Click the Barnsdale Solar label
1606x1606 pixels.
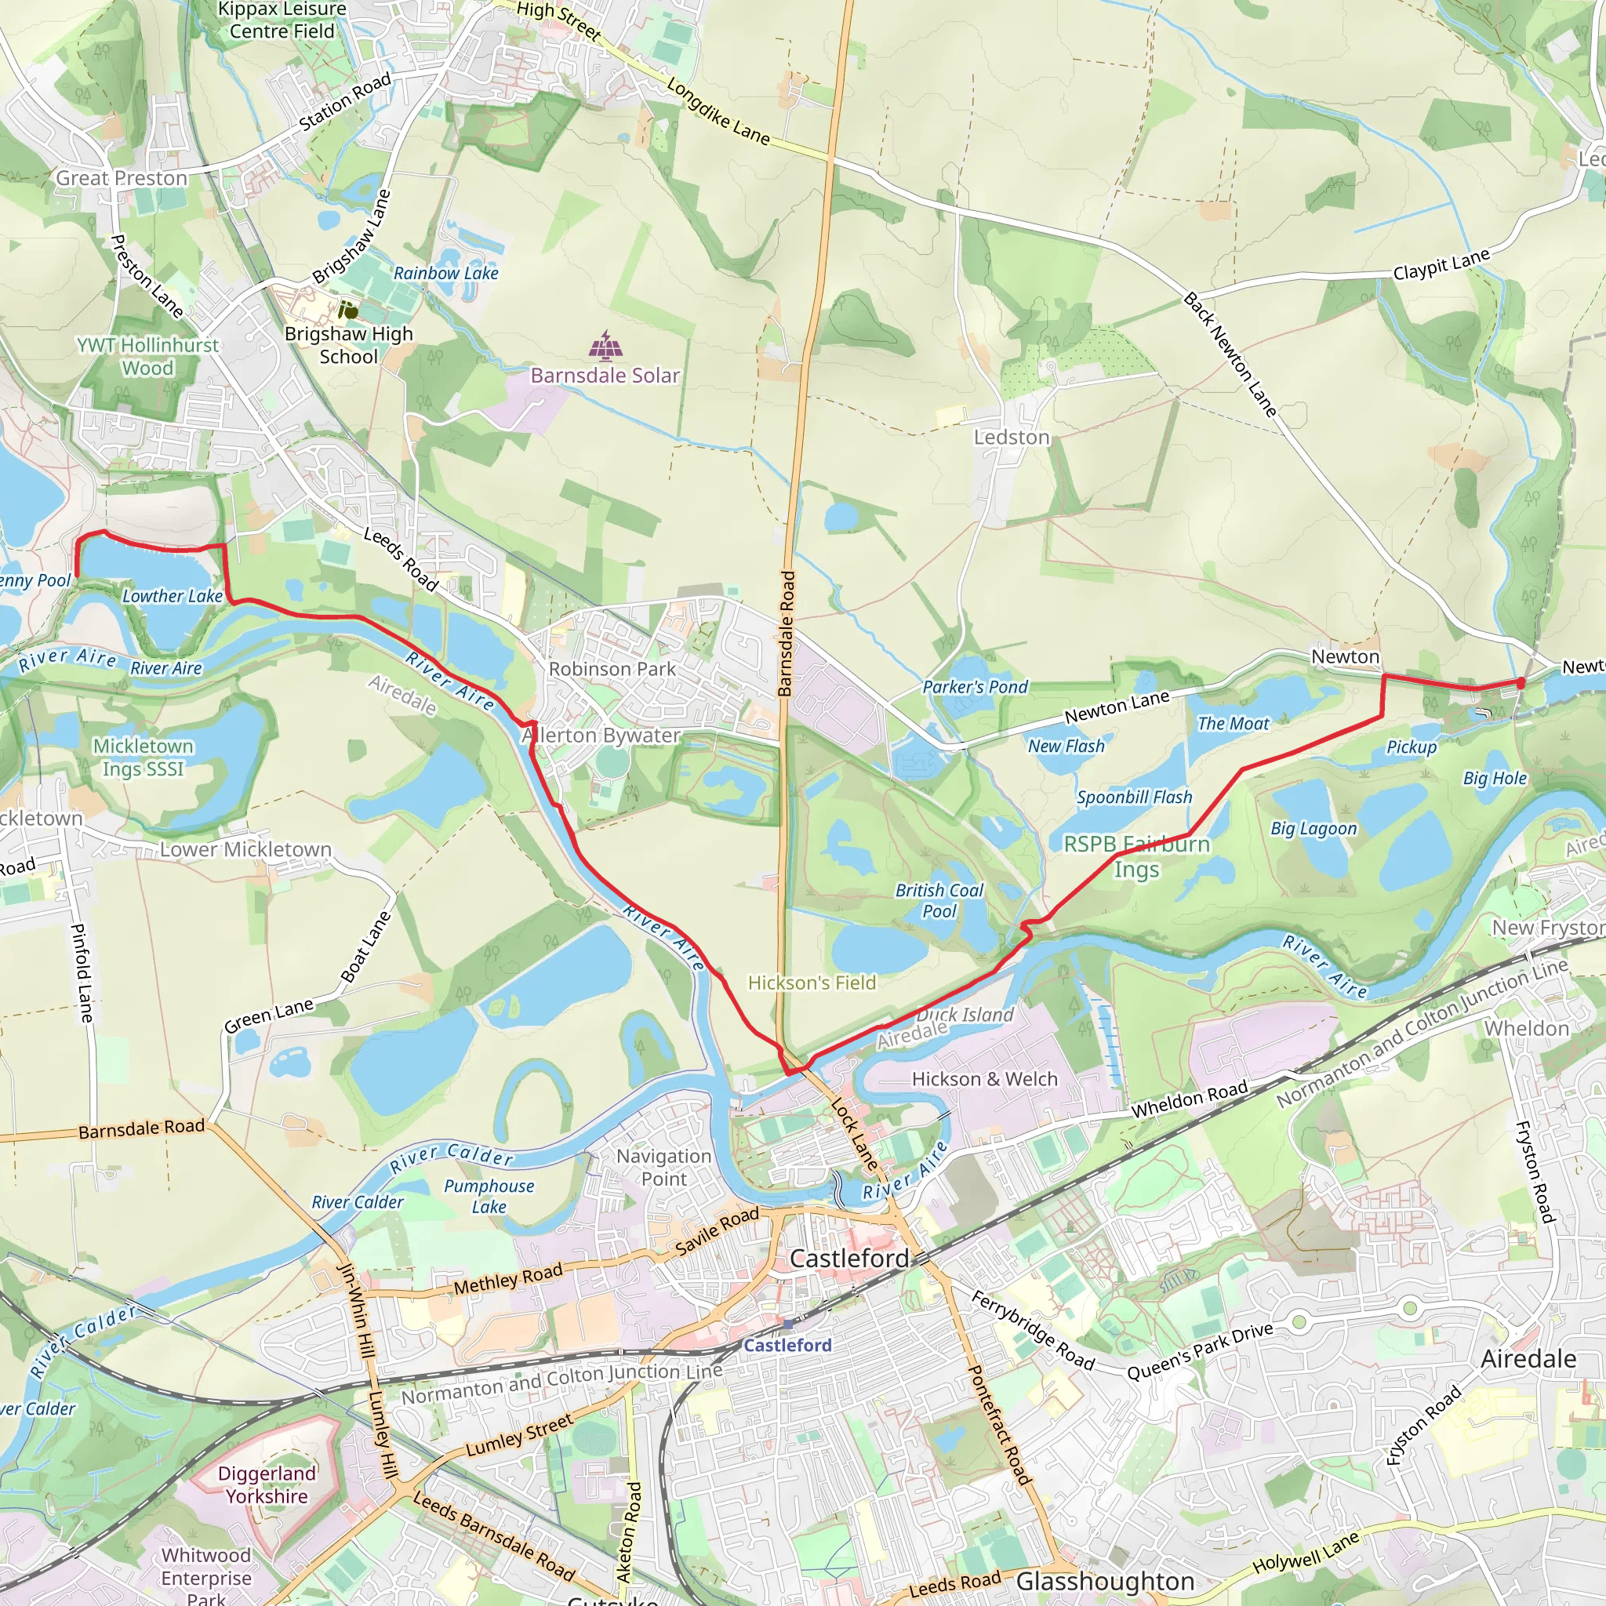click(x=605, y=376)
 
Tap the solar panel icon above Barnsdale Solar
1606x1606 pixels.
click(x=605, y=345)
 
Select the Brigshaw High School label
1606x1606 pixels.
click(x=348, y=345)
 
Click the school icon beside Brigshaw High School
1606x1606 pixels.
click(x=347, y=311)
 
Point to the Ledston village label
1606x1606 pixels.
click(x=1012, y=438)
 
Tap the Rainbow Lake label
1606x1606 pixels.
click(x=445, y=274)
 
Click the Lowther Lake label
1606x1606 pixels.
click(x=172, y=596)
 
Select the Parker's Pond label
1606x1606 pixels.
click(x=975, y=688)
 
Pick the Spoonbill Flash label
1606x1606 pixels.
click(x=1134, y=798)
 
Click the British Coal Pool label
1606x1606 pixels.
click(x=939, y=900)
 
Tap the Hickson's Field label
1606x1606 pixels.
click(x=812, y=983)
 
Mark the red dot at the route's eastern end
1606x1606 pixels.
click(x=1521, y=683)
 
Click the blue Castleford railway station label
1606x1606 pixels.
click(x=787, y=1345)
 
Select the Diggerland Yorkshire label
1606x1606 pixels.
click(x=267, y=1484)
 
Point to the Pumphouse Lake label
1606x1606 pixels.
click(x=489, y=1196)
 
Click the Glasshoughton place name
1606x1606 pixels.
click(x=1105, y=1581)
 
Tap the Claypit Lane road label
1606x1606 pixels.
click(x=1441, y=265)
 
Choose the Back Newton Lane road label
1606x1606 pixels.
click(x=1230, y=355)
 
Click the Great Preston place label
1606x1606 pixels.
click(x=122, y=178)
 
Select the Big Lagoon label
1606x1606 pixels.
click(x=1314, y=829)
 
